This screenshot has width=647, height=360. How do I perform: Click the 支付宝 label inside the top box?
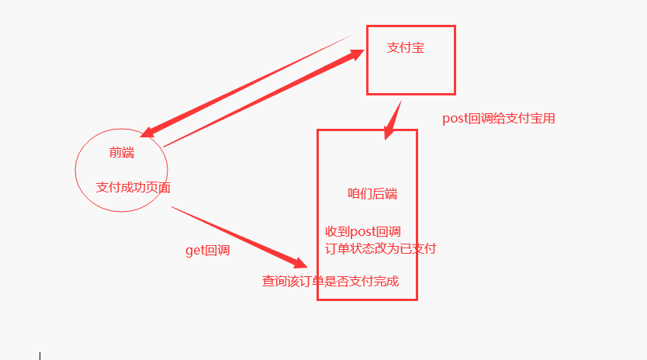(406, 48)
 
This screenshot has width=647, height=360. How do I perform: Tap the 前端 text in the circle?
(122, 153)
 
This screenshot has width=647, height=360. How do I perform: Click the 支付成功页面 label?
(133, 188)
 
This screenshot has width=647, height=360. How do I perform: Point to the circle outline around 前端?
(76, 169)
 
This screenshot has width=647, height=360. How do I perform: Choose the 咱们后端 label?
(372, 194)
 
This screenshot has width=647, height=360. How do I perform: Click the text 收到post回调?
(362, 232)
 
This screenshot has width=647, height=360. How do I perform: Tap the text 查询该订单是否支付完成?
(330, 281)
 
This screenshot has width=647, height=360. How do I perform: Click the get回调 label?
(207, 251)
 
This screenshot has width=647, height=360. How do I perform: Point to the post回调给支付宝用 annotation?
(499, 119)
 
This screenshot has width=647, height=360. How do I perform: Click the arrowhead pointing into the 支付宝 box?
(357, 54)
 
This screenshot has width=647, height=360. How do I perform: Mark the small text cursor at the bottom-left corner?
(40, 355)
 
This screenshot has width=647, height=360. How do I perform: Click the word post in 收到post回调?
(363, 232)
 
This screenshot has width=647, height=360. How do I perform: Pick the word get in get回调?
(193, 251)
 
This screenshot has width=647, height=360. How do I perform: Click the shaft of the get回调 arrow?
(233, 235)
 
